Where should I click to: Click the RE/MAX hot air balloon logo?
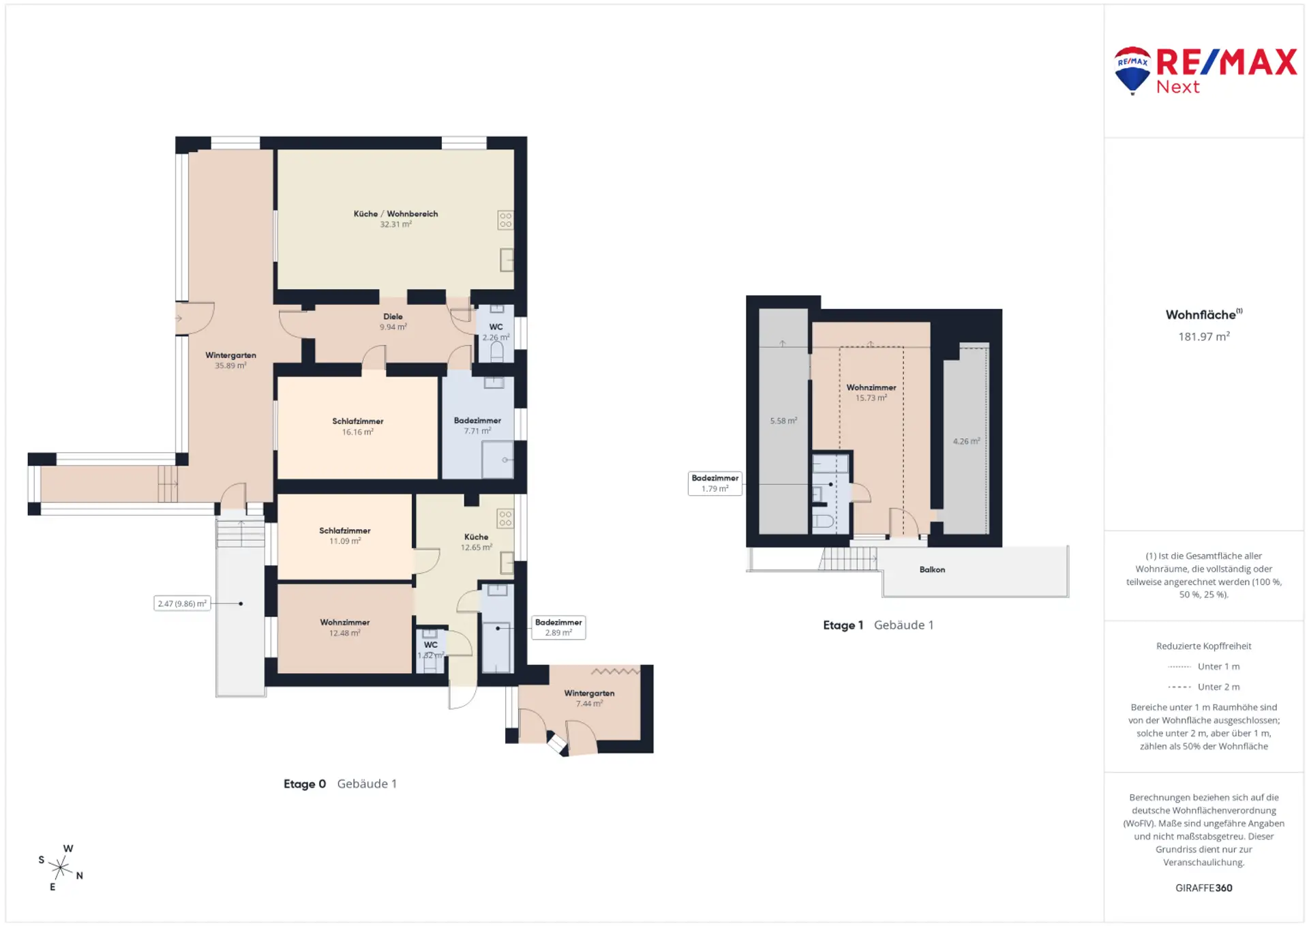(x=1132, y=70)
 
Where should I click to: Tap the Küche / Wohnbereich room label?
(x=395, y=213)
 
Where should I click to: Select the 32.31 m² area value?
(x=395, y=224)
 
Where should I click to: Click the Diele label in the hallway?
(x=393, y=316)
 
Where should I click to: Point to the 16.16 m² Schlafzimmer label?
(x=358, y=426)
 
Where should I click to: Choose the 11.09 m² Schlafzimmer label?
(x=345, y=535)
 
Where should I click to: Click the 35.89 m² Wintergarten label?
(x=230, y=360)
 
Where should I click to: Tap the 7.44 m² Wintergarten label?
(x=589, y=698)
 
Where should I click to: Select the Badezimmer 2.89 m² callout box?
(x=558, y=627)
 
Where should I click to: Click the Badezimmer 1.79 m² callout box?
(x=715, y=483)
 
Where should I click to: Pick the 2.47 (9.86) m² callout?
(x=182, y=603)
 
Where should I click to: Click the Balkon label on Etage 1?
(x=932, y=569)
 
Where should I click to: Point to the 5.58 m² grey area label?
(x=783, y=421)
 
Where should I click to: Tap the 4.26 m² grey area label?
(x=966, y=441)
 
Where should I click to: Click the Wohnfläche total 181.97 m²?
(x=1204, y=336)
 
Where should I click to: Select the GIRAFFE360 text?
(x=1204, y=888)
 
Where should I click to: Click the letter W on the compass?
(x=68, y=849)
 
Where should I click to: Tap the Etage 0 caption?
(x=305, y=784)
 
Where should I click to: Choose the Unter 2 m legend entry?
(x=1204, y=687)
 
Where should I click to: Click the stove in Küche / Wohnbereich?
(x=505, y=220)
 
